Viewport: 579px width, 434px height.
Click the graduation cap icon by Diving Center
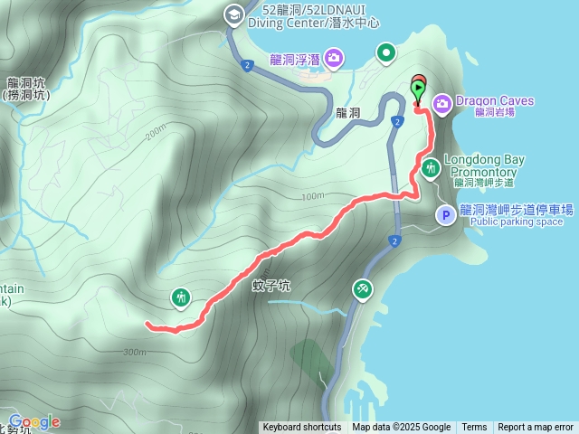click(233, 14)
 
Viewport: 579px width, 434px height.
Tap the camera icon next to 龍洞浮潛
click(335, 60)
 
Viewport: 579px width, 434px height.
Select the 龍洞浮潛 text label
click(295, 61)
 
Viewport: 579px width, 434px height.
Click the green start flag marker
click(418, 89)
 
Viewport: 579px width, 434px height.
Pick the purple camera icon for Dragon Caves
click(443, 102)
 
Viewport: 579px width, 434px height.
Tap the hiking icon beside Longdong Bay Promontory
click(431, 167)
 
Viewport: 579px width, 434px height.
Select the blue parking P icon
click(446, 215)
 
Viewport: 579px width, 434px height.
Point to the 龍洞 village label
click(347, 113)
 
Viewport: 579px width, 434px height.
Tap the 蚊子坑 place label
click(271, 286)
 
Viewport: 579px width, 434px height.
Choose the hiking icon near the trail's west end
click(181, 297)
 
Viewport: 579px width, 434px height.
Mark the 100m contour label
click(312, 196)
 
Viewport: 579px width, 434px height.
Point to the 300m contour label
click(133, 352)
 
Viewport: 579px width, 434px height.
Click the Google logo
click(34, 421)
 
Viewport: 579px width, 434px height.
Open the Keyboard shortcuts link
click(301, 428)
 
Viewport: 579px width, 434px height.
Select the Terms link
click(474, 428)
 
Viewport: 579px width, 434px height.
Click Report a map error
click(536, 428)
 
